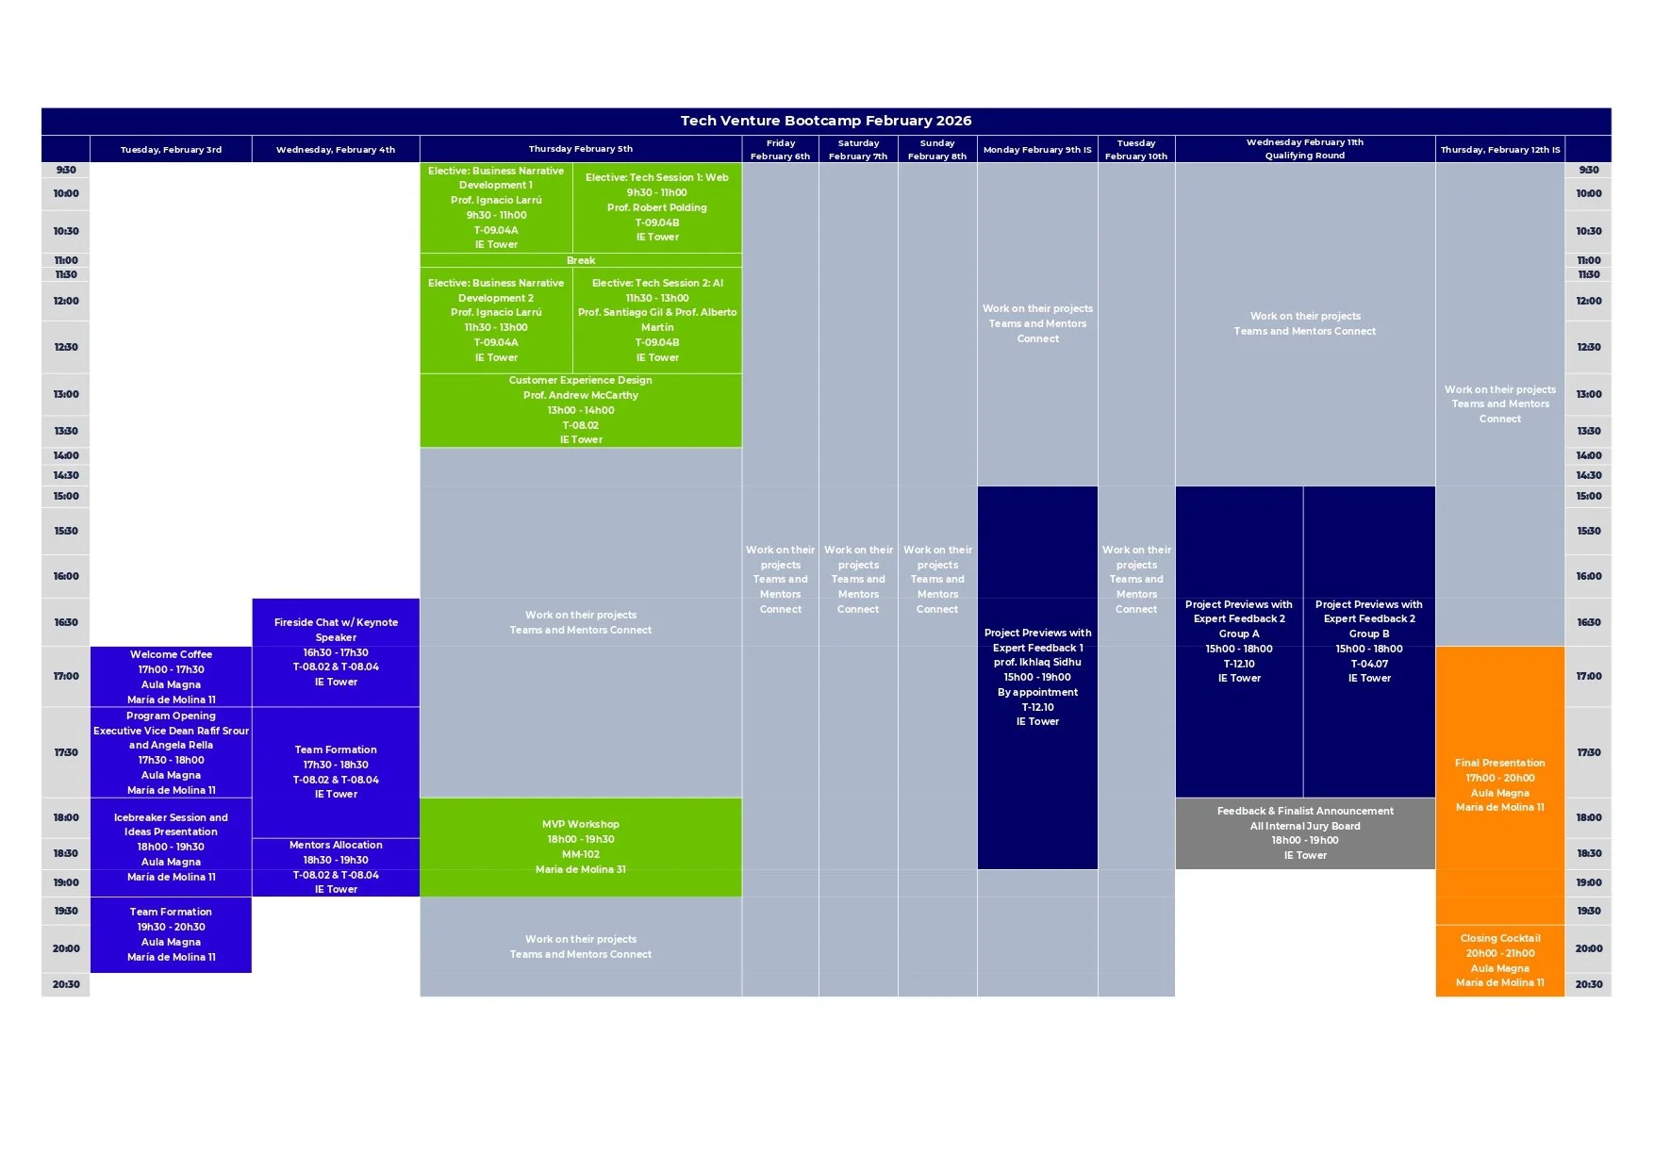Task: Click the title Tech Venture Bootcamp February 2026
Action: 826,121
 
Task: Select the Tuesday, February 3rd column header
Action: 171,149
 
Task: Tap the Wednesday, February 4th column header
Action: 336,149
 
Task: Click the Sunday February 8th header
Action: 937,150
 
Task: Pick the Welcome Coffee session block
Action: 171,676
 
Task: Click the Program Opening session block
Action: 171,752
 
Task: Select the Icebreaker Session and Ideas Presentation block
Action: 171,846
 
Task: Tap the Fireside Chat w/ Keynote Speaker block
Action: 336,651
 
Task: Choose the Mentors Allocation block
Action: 336,866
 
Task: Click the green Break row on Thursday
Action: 581,260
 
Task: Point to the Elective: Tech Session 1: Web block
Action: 657,206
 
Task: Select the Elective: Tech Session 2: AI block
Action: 657,320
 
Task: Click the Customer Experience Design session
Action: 581,409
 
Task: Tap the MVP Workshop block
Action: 581,846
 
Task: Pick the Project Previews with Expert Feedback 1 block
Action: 1037,677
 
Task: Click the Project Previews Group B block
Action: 1369,641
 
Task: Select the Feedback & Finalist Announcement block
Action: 1305,832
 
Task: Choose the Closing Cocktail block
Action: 1500,960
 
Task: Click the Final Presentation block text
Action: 1500,784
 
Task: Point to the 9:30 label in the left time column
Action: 66,170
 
